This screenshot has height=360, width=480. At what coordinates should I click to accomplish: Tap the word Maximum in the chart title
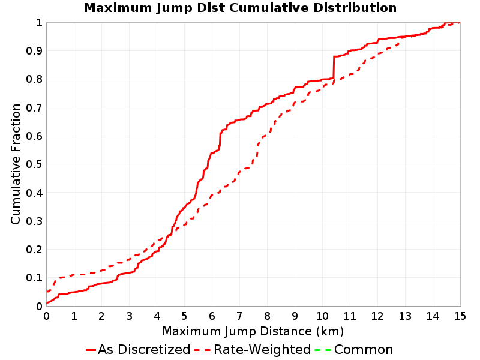pos(118,8)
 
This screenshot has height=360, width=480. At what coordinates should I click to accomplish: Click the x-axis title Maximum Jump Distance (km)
pos(253,331)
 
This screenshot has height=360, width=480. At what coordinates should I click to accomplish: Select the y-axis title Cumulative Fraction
pos(16,164)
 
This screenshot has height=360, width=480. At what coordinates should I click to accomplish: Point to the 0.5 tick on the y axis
pos(34,164)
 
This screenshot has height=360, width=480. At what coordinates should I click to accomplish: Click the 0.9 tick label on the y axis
pos(34,50)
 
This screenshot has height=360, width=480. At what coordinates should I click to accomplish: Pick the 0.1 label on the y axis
pos(34,278)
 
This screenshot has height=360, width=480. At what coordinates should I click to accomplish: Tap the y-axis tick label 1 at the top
pos(39,22)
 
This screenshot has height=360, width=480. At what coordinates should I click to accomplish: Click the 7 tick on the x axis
pos(239,316)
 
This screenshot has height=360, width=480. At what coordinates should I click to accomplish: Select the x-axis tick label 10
pos(322,316)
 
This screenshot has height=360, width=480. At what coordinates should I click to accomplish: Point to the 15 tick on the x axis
pos(460,316)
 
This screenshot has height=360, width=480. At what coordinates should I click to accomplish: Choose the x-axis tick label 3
pos(129,316)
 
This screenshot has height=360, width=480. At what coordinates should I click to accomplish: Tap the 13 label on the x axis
pos(405,316)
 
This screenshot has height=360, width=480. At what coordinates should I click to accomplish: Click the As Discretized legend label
pos(144,349)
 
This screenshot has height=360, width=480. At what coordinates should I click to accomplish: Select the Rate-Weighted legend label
pos(262,349)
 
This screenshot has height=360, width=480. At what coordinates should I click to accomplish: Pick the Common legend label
pos(364,349)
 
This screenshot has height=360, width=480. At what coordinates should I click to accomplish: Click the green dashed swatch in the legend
pos(323,350)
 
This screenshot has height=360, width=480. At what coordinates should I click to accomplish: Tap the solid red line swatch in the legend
pos(91,350)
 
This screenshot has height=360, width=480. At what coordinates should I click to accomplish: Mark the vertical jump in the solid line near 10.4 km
pos(334,67)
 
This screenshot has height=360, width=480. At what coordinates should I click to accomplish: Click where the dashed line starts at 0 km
pos(47,291)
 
